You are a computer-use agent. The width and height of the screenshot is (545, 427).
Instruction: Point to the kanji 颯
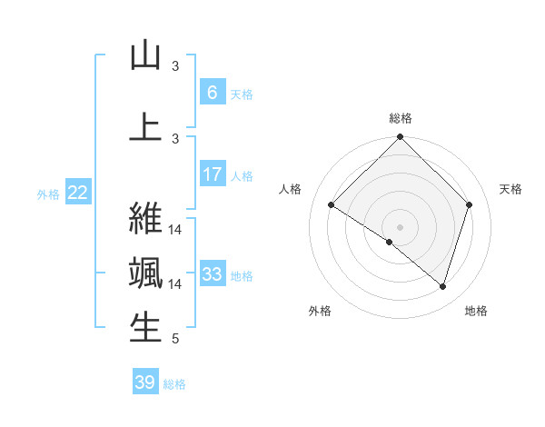pyautogui.click(x=145, y=273)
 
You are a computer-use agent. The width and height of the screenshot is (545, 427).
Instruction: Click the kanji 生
pyautogui.click(x=145, y=327)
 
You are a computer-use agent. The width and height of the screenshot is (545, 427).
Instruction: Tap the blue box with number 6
pyautogui.click(x=212, y=93)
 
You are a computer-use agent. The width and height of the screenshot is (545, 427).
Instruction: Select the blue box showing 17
pyautogui.click(x=212, y=174)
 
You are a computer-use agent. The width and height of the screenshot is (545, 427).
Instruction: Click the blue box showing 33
pyautogui.click(x=212, y=274)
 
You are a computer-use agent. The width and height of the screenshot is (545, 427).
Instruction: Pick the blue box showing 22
pyautogui.click(x=78, y=193)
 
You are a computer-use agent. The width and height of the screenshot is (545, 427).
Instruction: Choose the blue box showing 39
pyautogui.click(x=145, y=382)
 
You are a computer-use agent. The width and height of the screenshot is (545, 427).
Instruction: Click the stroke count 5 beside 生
pyautogui.click(x=175, y=340)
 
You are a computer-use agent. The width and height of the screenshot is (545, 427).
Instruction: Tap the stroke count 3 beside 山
pyautogui.click(x=175, y=66)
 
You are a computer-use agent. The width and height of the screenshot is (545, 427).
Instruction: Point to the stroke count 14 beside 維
pyautogui.click(x=175, y=229)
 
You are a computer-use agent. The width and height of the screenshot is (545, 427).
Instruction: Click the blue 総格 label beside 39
pyautogui.click(x=174, y=384)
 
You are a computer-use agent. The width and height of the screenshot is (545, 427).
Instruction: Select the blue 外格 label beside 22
pyautogui.click(x=48, y=194)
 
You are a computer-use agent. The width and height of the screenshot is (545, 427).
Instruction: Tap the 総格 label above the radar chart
pyautogui.click(x=401, y=118)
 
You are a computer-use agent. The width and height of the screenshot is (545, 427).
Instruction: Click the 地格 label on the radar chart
pyautogui.click(x=476, y=311)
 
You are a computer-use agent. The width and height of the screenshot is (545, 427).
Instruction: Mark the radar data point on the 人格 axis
pyautogui.click(x=332, y=205)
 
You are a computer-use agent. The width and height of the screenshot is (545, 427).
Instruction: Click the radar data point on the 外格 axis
pyautogui.click(x=389, y=243)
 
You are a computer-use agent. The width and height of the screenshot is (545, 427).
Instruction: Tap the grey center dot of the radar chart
pyautogui.click(x=400, y=226)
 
